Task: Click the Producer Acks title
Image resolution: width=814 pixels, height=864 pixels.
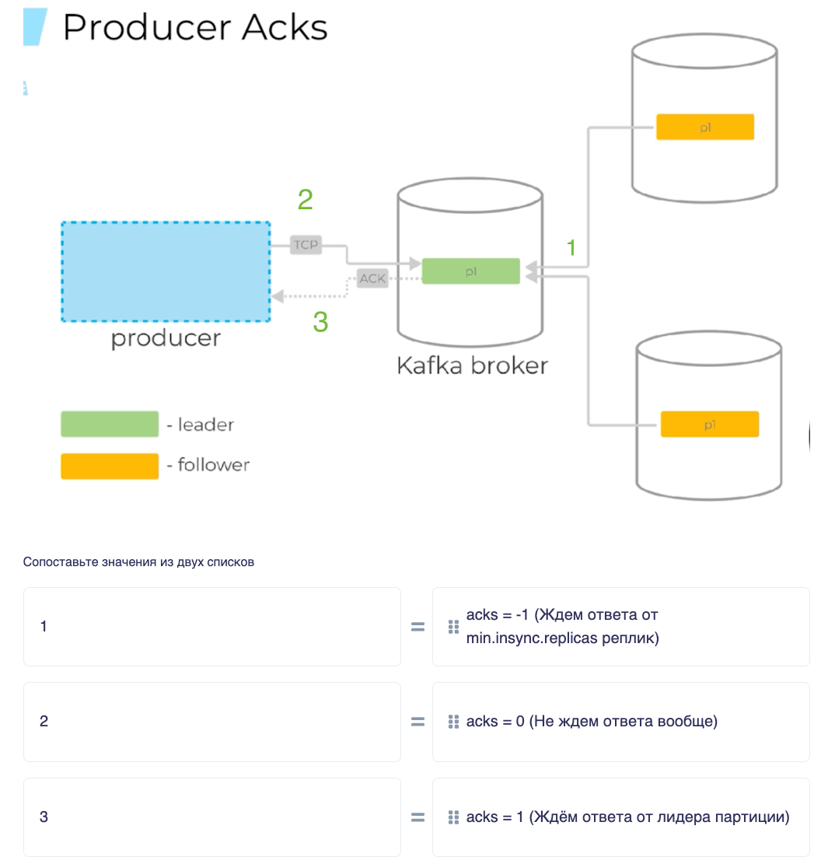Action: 195,27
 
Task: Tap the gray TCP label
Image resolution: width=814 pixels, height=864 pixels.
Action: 306,245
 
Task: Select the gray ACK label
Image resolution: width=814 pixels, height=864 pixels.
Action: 372,278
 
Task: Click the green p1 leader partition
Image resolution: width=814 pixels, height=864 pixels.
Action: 471,271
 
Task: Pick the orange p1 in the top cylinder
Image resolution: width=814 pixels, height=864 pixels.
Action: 705,127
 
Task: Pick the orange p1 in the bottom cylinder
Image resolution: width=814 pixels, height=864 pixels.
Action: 709,425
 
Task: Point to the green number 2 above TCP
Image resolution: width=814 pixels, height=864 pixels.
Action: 305,199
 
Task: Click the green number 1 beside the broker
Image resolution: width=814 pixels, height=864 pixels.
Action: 571,248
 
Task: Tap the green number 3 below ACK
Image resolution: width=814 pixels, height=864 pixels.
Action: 320,322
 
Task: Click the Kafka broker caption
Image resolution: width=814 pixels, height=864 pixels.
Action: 473,366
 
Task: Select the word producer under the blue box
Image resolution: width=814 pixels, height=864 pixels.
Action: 166,338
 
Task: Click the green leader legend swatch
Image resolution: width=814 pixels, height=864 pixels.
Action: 110,425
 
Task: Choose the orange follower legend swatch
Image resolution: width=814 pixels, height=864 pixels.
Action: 110,466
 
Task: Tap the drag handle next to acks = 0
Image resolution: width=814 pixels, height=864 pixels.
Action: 453,722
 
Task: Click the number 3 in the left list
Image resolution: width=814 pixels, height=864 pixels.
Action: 44,817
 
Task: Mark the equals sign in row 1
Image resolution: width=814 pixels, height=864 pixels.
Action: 417,627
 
